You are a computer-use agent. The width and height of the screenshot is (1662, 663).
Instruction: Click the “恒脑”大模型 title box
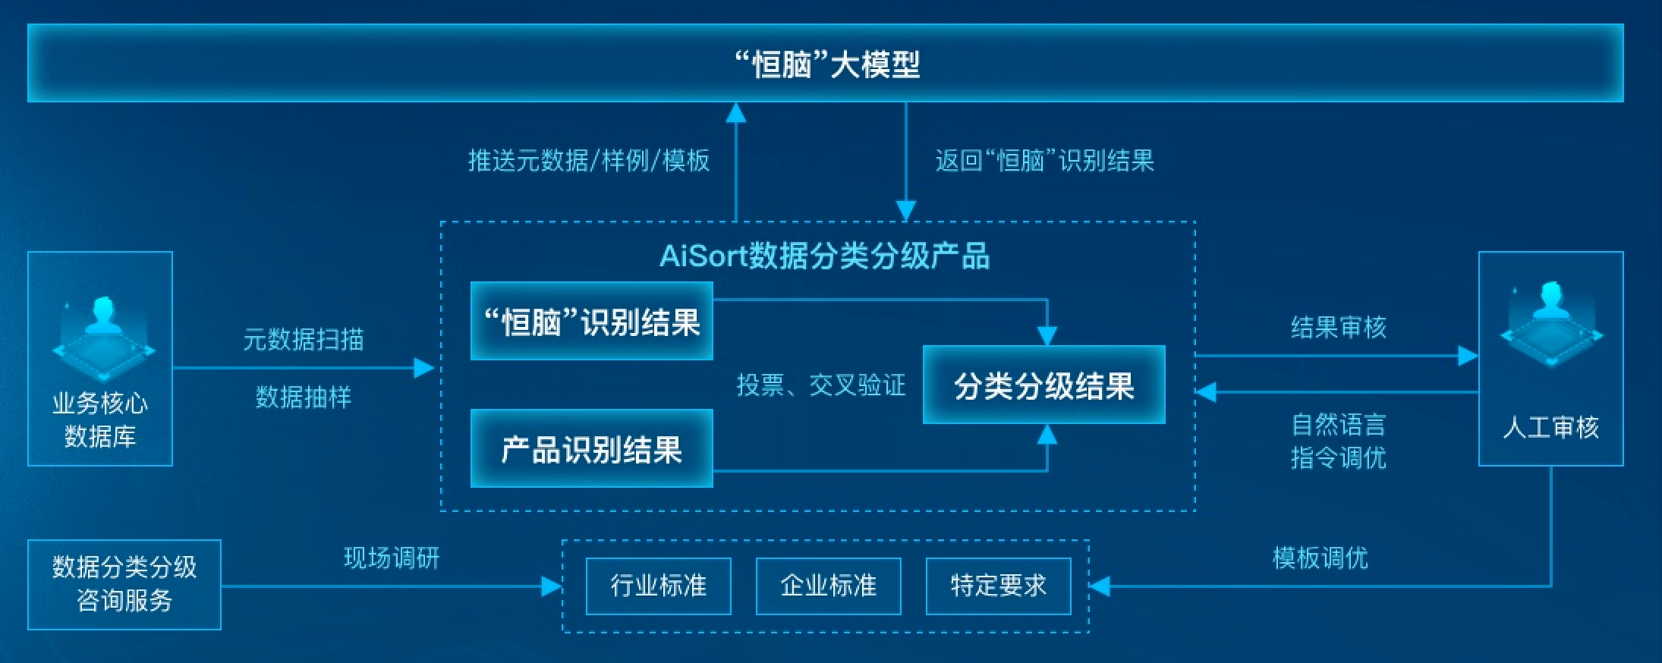826,64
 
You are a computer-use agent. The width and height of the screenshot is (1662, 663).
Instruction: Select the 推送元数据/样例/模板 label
588,161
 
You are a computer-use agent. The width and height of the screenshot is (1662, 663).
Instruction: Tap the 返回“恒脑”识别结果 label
1044,161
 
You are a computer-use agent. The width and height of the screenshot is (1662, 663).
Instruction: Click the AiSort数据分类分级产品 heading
825,256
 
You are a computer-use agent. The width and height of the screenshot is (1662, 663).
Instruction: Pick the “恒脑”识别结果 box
591,322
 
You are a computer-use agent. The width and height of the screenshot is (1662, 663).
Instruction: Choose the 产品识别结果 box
591,449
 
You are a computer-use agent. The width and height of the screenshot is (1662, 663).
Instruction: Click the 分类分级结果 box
1043,385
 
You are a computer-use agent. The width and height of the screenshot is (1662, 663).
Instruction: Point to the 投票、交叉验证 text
820,385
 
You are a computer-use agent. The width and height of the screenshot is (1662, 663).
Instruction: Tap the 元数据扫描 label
303,339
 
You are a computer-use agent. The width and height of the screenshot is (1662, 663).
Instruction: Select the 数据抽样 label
303,397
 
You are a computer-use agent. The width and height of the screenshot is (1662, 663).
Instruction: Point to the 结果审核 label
1338,328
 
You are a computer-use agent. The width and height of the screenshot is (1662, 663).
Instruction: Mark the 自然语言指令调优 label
1338,441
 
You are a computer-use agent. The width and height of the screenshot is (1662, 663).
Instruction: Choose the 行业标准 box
658,586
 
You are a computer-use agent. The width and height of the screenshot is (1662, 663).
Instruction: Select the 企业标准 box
828,586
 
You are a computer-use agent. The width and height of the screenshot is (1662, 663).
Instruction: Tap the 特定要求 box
998,586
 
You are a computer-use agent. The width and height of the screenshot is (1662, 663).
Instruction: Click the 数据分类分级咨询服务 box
124,584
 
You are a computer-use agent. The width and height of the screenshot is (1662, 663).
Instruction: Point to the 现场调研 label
392,558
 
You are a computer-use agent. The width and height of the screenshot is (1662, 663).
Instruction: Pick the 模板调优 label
1320,558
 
